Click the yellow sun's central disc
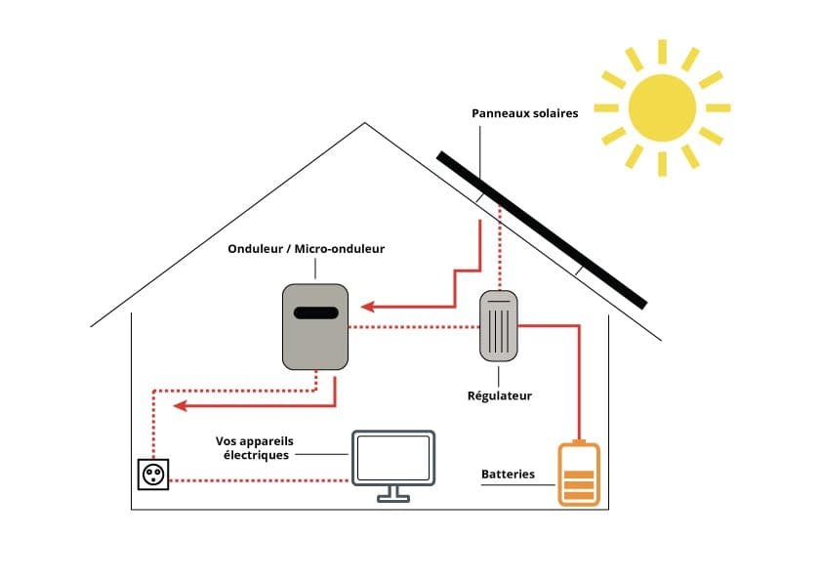pyautogui.click(x=662, y=107)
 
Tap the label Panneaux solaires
pyautogui.click(x=525, y=113)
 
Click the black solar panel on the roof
pyautogui.click(x=542, y=229)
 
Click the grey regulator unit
pyautogui.click(x=499, y=325)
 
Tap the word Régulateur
pyautogui.click(x=500, y=396)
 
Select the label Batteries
pyautogui.click(x=508, y=475)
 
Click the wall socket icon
pyautogui.click(x=153, y=475)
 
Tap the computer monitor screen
pyautogui.click(x=393, y=457)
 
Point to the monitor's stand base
pyautogui.click(x=393, y=498)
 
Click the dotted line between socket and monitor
pyautogui.click(x=259, y=480)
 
